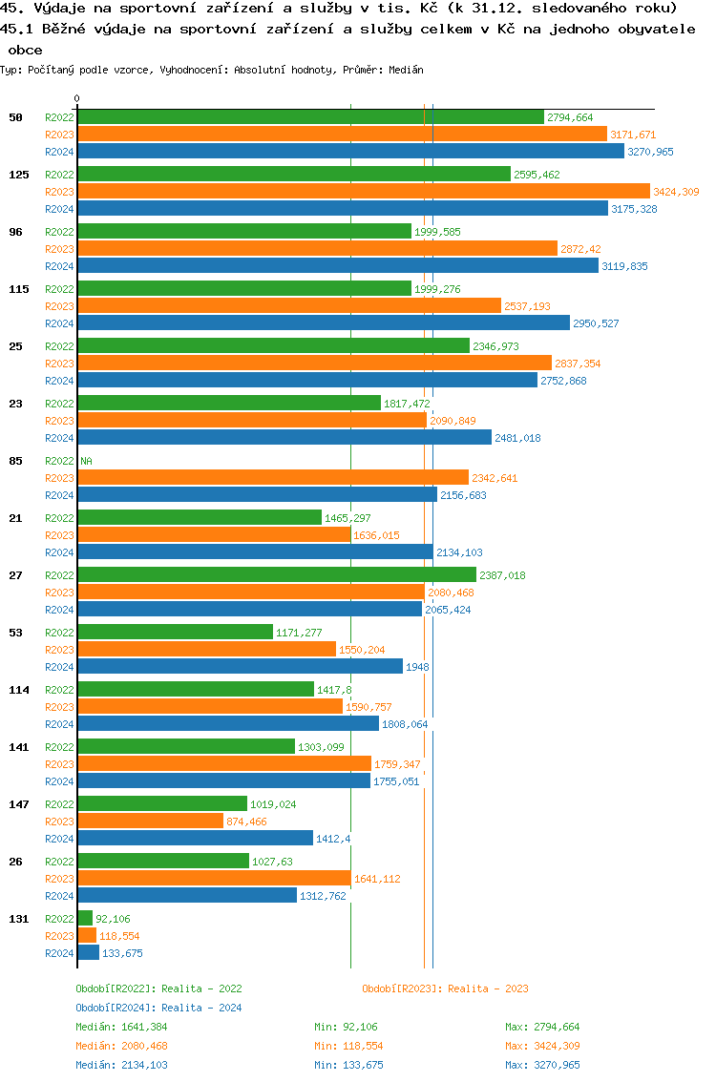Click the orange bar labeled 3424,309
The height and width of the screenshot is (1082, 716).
tap(363, 192)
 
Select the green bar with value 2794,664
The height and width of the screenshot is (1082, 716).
tap(310, 117)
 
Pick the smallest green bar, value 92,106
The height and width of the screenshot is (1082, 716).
tap(85, 919)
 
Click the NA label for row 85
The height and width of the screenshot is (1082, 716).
tap(86, 461)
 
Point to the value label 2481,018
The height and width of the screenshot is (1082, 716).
tap(517, 438)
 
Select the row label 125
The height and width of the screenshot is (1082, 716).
tap(18, 175)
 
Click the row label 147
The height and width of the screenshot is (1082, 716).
tap(18, 804)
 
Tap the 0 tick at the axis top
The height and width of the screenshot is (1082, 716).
tap(77, 98)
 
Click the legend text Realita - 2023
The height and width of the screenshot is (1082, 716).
tap(488, 988)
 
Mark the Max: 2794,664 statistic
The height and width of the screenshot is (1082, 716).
tap(542, 1027)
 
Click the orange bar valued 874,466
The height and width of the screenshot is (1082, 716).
tap(150, 822)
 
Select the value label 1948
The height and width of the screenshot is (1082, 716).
tap(417, 667)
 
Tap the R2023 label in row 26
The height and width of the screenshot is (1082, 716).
tap(59, 879)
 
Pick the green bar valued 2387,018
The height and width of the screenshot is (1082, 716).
tap(276, 575)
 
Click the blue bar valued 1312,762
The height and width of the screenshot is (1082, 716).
tap(187, 896)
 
